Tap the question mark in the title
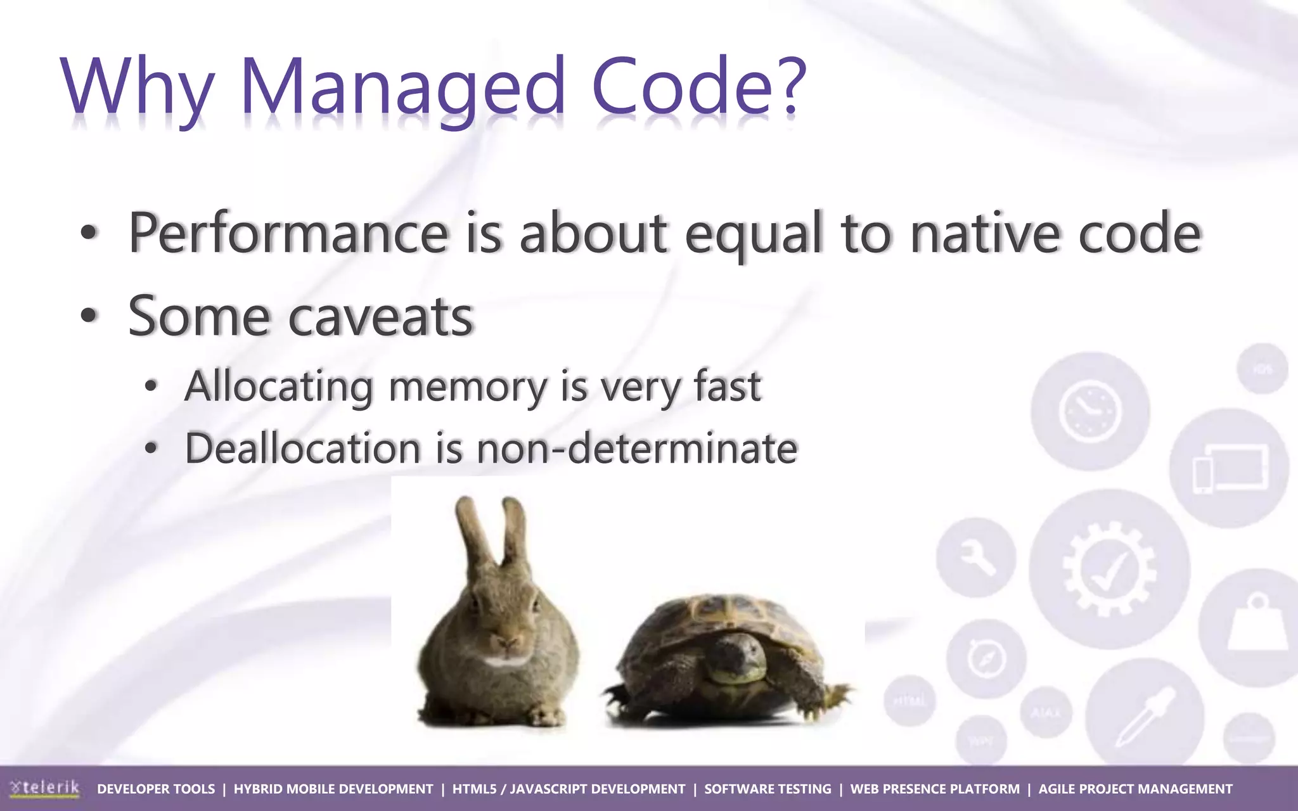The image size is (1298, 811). click(x=788, y=86)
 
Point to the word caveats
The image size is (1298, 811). click(x=381, y=316)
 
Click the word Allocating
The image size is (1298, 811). click(x=278, y=386)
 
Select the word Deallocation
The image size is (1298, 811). click(x=302, y=448)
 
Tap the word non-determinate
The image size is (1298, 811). click(x=636, y=448)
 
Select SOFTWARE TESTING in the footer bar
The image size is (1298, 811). click(x=768, y=789)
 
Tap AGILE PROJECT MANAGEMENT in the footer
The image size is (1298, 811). click(x=1135, y=789)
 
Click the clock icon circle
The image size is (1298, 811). click(x=1089, y=411)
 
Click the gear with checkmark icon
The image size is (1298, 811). click(x=1109, y=568)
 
